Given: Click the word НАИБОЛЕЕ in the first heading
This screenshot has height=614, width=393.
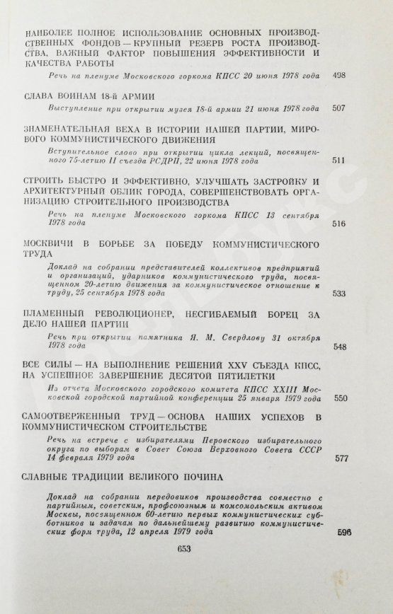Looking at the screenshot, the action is (51, 34).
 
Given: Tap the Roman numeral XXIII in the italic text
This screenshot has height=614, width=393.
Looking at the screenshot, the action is (265, 388).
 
